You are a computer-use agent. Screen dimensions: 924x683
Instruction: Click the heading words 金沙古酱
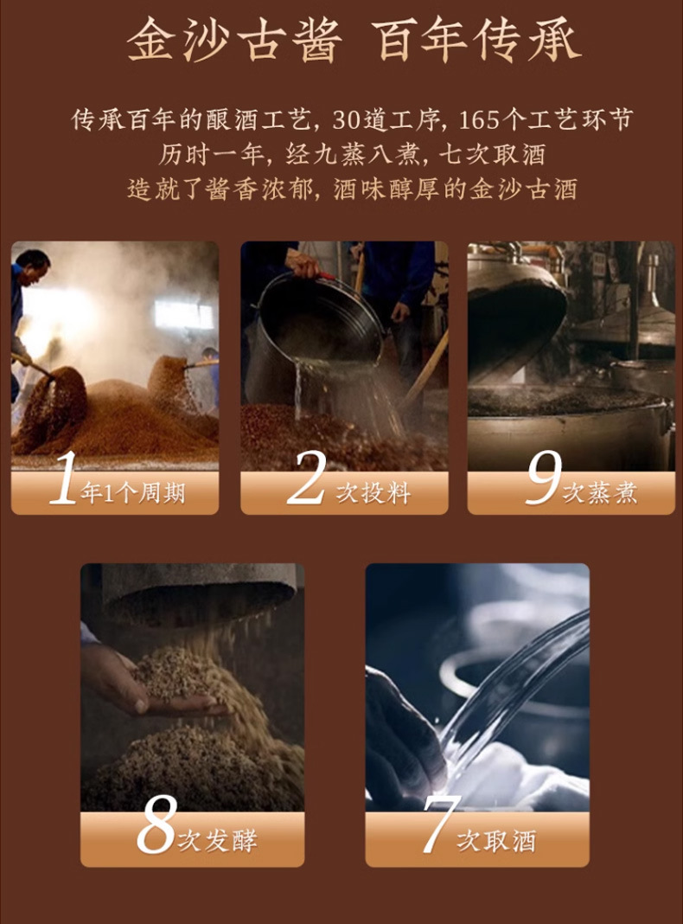[234, 41]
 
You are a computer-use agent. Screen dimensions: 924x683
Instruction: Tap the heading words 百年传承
[480, 41]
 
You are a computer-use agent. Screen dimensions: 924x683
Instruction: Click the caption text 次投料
[373, 493]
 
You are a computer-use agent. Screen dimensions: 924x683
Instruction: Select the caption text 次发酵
[217, 840]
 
